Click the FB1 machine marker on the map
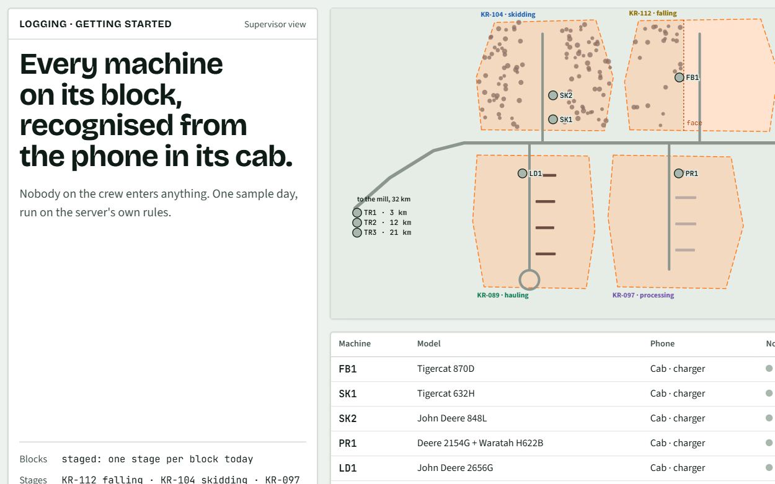tap(679, 77)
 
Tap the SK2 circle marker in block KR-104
tap(553, 95)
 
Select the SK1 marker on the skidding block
tap(553, 119)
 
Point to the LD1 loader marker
tap(523, 173)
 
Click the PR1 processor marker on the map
tap(679, 173)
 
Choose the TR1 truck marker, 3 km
tap(357, 213)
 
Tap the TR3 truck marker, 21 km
tap(357, 232)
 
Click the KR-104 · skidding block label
tap(508, 14)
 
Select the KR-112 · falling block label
tap(653, 13)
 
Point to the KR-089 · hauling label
tap(503, 295)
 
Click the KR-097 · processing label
tap(643, 295)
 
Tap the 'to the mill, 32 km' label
tap(384, 199)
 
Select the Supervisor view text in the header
tap(275, 24)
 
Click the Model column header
tap(428, 343)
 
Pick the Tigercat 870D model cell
tap(446, 369)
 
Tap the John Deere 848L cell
tap(452, 418)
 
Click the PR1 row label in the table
tap(348, 443)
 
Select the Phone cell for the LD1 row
tap(678, 468)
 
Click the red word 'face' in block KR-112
tap(694, 123)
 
